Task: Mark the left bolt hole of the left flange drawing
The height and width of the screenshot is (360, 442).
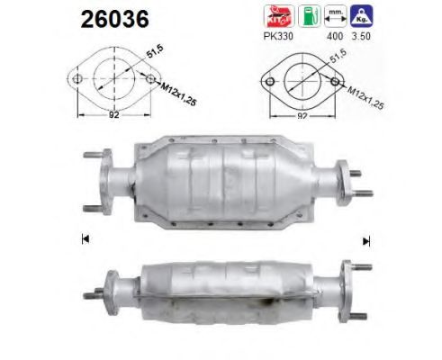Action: (78, 78)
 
